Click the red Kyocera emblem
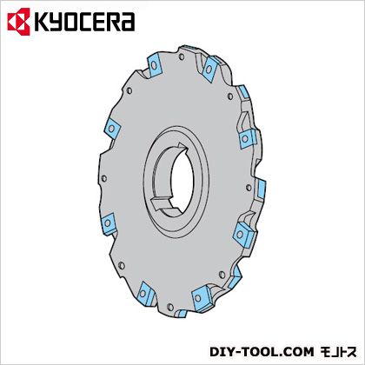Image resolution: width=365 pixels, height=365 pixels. point(19,22)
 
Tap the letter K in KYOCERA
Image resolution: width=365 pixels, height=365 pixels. point(42,22)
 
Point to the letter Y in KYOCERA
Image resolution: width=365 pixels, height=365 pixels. point(56,22)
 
